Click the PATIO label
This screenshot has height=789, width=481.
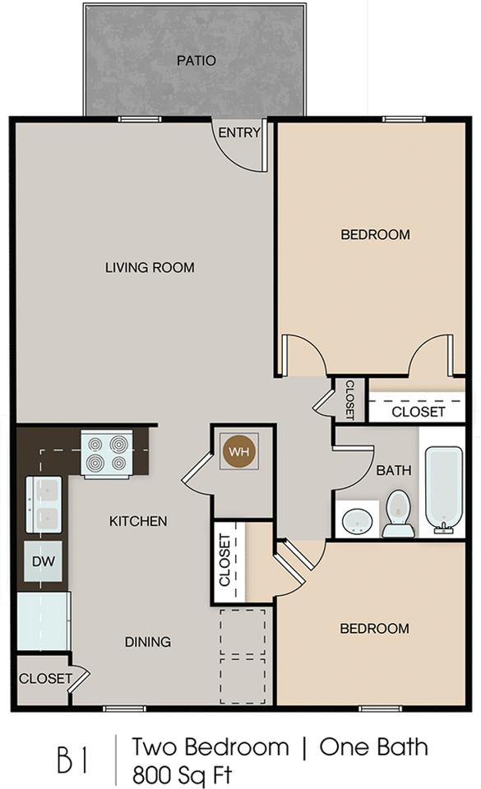tap(197, 61)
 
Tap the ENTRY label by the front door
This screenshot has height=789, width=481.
tap(239, 132)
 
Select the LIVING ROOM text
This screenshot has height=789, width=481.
tap(150, 267)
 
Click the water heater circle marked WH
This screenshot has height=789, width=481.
tap(239, 451)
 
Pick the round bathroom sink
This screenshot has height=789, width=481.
tap(357, 520)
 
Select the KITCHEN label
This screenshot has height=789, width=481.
tap(139, 521)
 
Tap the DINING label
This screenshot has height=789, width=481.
tap(148, 642)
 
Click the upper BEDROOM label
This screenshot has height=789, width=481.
tap(375, 235)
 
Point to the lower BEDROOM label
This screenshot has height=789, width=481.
tap(375, 629)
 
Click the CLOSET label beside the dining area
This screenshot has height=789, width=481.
tap(45, 679)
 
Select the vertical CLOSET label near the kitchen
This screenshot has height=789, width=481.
tap(224, 560)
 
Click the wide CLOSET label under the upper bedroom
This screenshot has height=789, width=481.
tap(418, 411)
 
